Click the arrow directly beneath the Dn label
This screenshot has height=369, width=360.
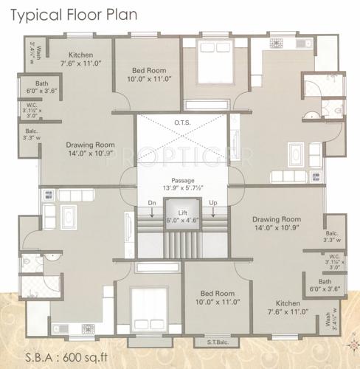[152, 214]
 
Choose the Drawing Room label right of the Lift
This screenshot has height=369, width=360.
[277, 220]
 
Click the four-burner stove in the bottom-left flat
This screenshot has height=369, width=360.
[50, 196]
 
